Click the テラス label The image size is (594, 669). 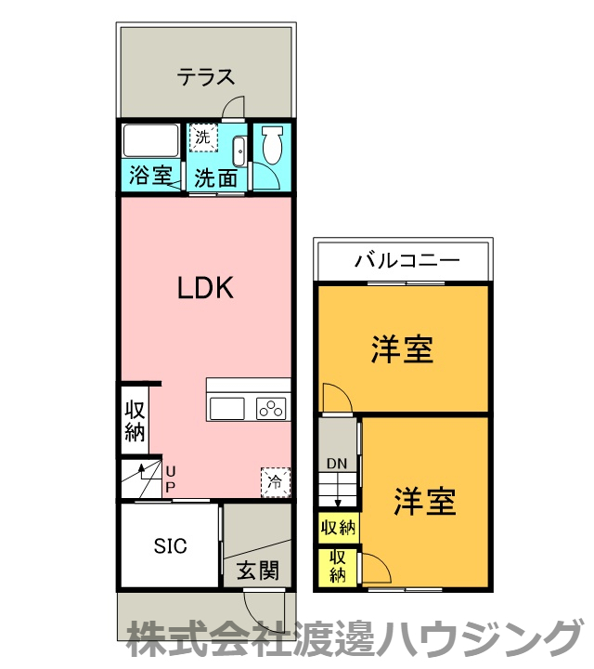pos(205,77)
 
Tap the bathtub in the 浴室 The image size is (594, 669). pos(151,141)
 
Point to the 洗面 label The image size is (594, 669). pos(215,176)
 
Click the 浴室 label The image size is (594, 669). pos(150,175)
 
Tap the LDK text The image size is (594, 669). pos(204,289)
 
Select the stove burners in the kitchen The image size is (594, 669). pos(272,408)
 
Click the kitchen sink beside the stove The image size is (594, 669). pos(227,408)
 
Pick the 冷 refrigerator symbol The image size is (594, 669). pos(275,480)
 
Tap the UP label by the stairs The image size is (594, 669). pos(170,479)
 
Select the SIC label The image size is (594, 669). pos(170,546)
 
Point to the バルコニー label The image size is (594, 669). pos(407,261)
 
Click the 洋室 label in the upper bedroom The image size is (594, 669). pos(402,350)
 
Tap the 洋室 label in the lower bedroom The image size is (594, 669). pos(424,503)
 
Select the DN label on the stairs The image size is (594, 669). pos(336,464)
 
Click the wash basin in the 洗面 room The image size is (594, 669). pos(238,149)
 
